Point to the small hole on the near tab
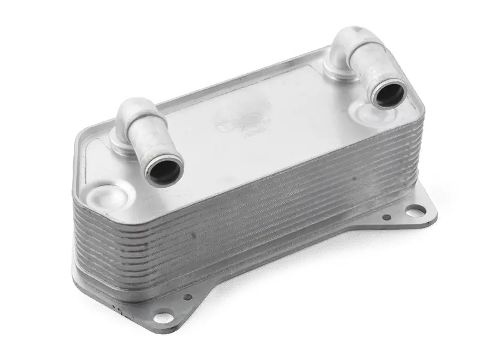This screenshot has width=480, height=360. [187, 296]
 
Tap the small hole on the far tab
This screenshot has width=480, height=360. [387, 217]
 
